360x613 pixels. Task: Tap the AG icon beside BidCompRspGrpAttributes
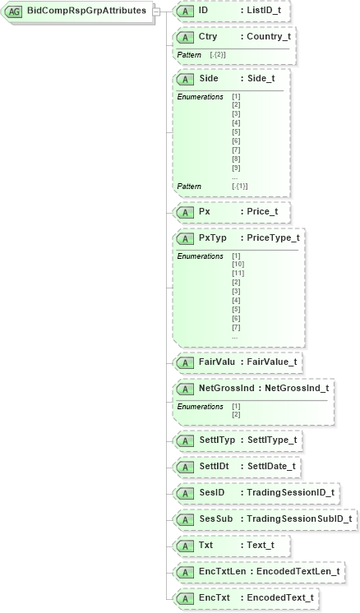click(x=14, y=12)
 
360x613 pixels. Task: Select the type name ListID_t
click(x=265, y=11)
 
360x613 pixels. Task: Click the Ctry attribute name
click(x=208, y=37)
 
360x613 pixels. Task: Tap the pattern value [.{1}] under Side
click(x=240, y=187)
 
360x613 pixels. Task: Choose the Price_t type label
click(x=262, y=211)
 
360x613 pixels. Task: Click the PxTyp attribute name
click(x=212, y=237)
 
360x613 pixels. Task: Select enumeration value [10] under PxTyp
click(x=238, y=265)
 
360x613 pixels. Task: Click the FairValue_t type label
click(x=272, y=362)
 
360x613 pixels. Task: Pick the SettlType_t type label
click(x=271, y=440)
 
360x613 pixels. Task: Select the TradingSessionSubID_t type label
click(x=299, y=519)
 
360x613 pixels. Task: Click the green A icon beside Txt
click(x=185, y=545)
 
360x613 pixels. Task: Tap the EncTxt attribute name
click(x=214, y=597)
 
